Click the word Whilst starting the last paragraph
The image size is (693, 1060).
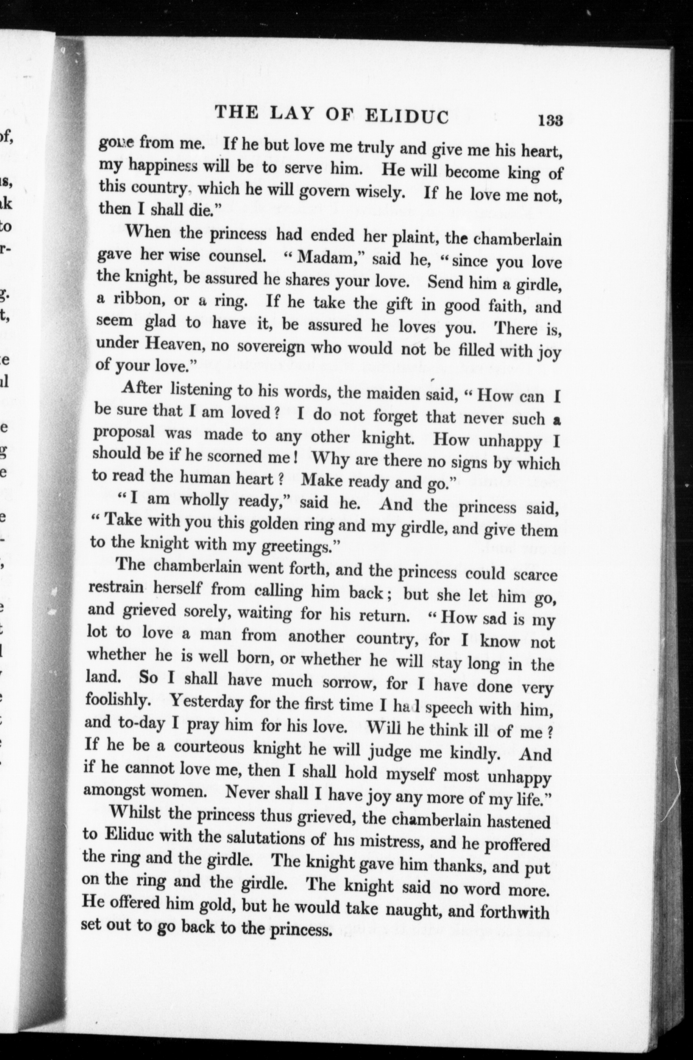[x=135, y=813]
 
